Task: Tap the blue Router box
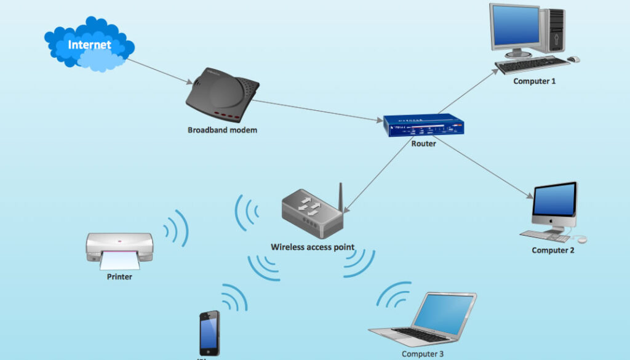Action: (x=423, y=126)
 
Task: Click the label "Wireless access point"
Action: (x=313, y=247)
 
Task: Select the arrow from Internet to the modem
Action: (x=161, y=72)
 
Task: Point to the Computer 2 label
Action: (x=552, y=250)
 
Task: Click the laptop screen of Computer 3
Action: (x=444, y=313)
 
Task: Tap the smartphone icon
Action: (x=209, y=332)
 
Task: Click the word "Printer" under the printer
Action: (x=119, y=277)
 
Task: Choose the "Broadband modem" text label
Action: (x=222, y=130)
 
